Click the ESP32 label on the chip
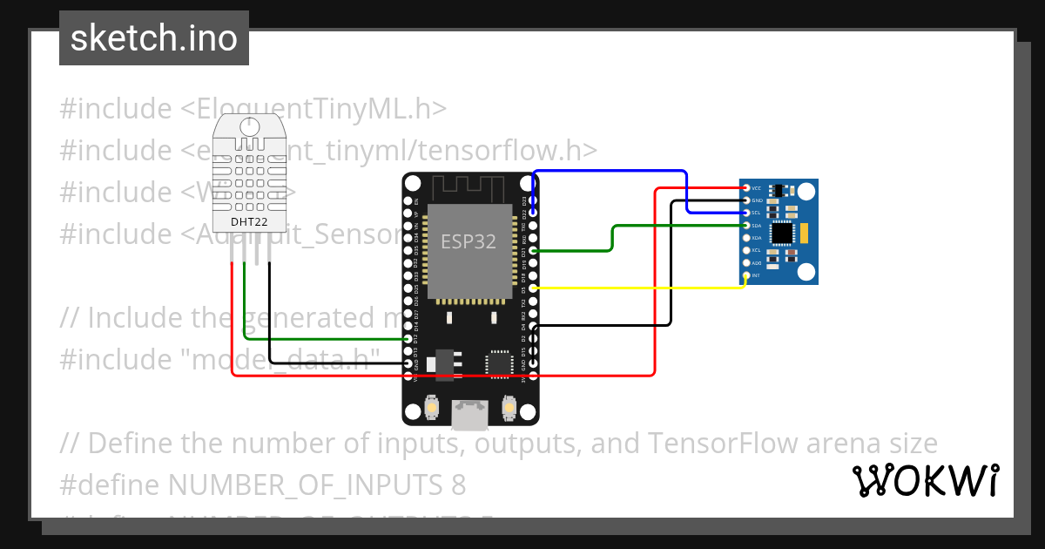(x=469, y=241)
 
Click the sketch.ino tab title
(x=154, y=38)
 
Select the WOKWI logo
(x=926, y=480)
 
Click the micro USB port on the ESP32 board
(x=470, y=415)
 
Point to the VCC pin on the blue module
(x=746, y=188)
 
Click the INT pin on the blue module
(x=746, y=275)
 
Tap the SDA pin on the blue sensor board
(x=746, y=226)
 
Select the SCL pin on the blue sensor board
(x=746, y=213)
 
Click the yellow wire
(x=644, y=288)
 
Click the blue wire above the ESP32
(x=610, y=172)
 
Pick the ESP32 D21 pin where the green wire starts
(x=533, y=251)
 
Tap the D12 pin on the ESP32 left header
(x=408, y=338)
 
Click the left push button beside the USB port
(x=432, y=406)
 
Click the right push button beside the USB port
(x=509, y=406)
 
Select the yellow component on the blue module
(x=806, y=233)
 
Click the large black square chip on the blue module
(x=783, y=233)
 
